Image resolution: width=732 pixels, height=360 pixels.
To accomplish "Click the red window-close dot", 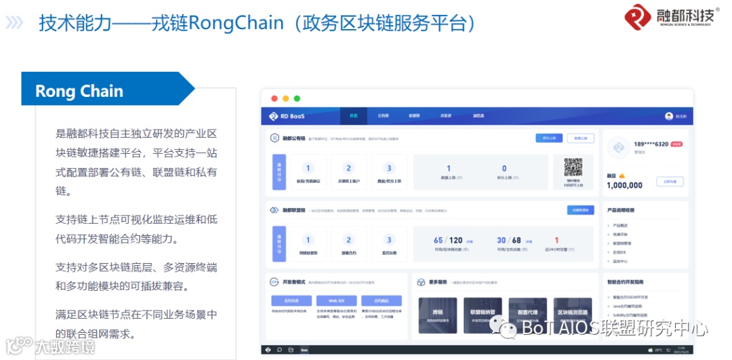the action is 274,99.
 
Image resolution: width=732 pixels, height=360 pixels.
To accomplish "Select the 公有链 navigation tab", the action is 383,116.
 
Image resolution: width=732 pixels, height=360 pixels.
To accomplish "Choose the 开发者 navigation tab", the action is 445,116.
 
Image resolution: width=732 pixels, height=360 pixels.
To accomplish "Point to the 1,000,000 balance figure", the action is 624,185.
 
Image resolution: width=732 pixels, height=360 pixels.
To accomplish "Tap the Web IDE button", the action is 337,300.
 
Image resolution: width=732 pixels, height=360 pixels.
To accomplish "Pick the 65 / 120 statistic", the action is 448,241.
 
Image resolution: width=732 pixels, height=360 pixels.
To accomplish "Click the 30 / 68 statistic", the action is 509,241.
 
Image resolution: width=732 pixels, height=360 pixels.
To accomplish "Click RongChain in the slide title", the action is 236,23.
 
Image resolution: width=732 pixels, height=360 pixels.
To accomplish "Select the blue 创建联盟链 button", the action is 580,210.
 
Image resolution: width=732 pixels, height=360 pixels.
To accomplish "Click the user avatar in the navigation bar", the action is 669,116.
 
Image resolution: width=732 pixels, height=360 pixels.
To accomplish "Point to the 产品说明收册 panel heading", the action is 621,210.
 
